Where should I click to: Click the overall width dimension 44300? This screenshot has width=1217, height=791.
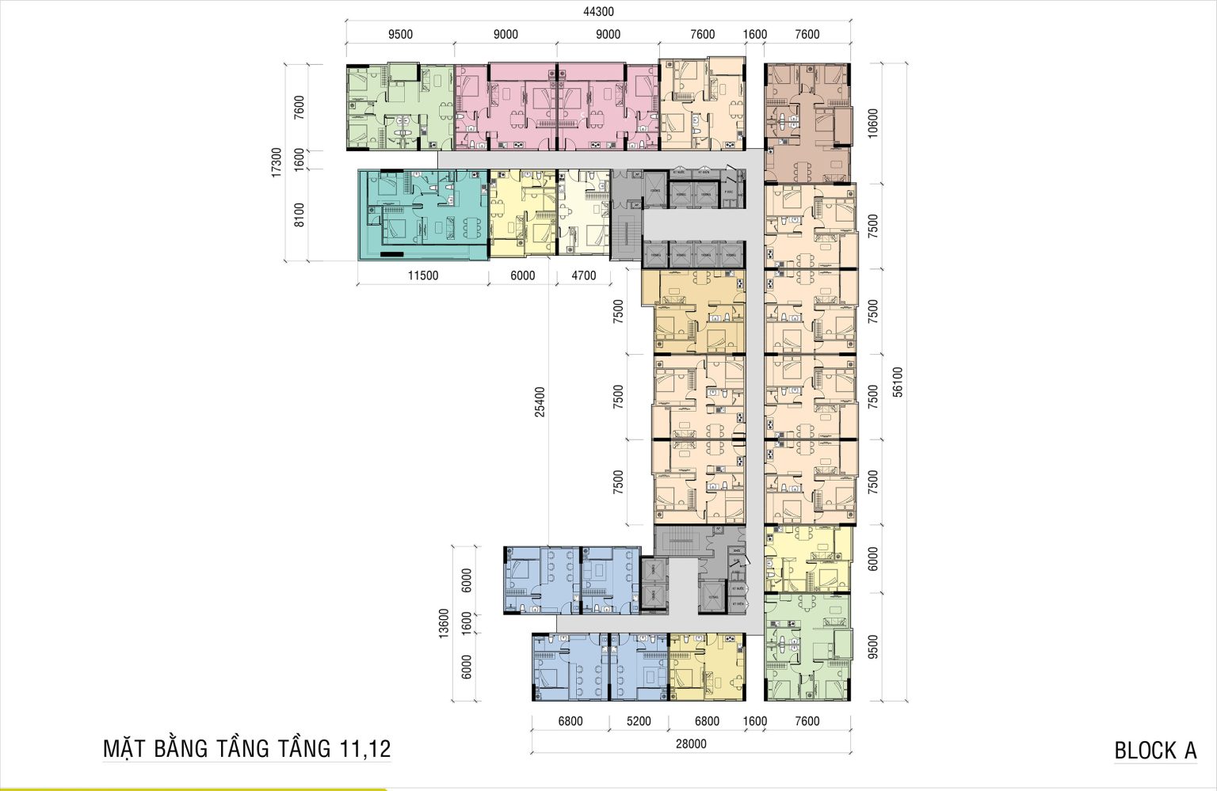598,12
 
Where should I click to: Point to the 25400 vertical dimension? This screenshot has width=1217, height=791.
540,401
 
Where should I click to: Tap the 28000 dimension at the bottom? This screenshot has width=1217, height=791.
691,743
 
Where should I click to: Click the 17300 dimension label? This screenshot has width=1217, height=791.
277,162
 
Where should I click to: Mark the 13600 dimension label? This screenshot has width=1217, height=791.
444,622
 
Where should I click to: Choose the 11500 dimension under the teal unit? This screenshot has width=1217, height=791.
422,276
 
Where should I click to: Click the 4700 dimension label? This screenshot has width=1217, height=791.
583,276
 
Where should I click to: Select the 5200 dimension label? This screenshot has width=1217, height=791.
638,721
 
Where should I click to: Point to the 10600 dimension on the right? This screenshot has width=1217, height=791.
873,123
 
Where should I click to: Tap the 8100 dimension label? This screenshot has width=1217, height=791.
299,215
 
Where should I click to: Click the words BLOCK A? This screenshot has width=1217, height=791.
1155,751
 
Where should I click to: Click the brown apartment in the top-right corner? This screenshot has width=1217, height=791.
807,123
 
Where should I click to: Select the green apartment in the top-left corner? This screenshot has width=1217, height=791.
399,106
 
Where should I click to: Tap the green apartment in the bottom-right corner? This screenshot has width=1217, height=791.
807,647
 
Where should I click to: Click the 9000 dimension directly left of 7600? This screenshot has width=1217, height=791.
608,34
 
